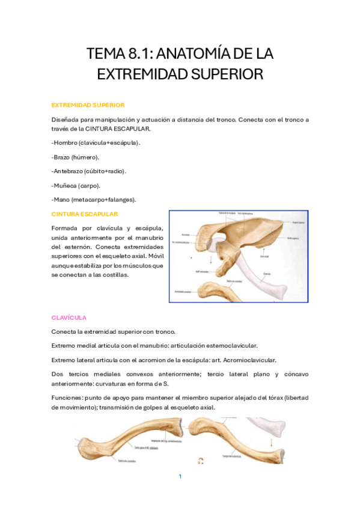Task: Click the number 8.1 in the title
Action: coord(141,54)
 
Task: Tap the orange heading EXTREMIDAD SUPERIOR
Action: coord(88,105)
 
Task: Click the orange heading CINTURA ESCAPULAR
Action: coord(85,214)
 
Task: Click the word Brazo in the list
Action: coord(62,157)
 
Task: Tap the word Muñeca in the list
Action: coord(65,185)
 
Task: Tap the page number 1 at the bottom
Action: coord(180,477)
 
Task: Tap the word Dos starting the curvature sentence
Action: coord(58,374)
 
